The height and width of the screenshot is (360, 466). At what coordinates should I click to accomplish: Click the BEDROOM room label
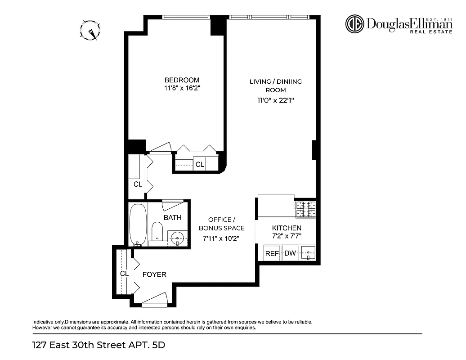pyautogui.click(x=182, y=80)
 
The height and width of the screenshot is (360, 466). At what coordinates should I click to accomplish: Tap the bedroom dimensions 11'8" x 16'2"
pyautogui.click(x=182, y=89)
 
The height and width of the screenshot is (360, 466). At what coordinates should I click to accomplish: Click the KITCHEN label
pyautogui.click(x=287, y=228)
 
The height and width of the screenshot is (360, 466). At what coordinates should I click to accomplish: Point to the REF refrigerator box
pyautogui.click(x=272, y=253)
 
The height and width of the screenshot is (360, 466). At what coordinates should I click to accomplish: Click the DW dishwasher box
pyautogui.click(x=290, y=253)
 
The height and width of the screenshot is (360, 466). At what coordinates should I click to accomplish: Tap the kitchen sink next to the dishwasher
pyautogui.click(x=308, y=253)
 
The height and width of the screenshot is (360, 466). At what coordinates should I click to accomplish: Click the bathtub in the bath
pyautogui.click(x=138, y=224)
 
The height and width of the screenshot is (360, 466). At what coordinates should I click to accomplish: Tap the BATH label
pyautogui.click(x=173, y=218)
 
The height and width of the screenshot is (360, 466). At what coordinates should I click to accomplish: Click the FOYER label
pyautogui.click(x=154, y=274)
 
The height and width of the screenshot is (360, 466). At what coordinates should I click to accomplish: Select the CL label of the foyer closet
pyautogui.click(x=124, y=274)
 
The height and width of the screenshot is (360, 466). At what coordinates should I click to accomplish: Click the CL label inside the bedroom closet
pyautogui.click(x=200, y=165)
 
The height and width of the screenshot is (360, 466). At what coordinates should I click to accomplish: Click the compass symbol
pyautogui.click(x=90, y=31)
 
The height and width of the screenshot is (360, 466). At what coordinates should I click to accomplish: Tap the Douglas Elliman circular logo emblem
pyautogui.click(x=354, y=24)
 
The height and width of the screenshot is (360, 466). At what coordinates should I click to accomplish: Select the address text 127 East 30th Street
pyautogui.click(x=81, y=346)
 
